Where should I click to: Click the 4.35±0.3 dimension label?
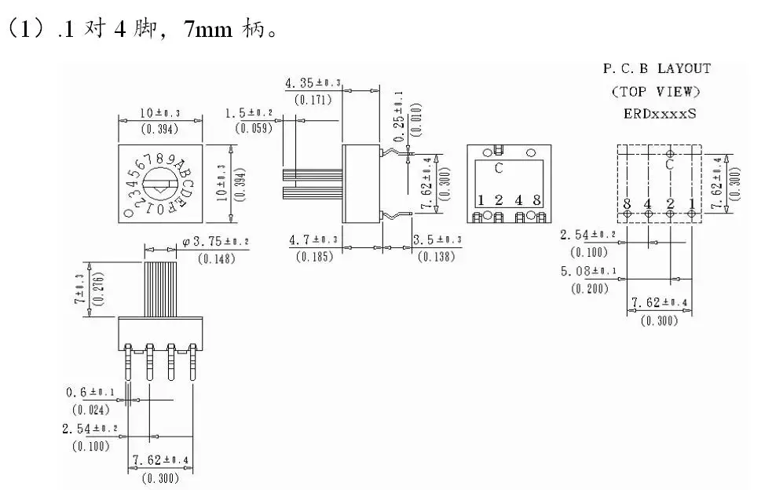313,82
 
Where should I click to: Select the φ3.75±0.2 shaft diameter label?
215,242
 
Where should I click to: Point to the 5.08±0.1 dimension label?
587,272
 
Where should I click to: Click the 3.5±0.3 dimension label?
437,239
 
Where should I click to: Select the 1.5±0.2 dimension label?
251,114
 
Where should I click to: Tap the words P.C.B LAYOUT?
657,69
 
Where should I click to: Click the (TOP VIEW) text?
657,91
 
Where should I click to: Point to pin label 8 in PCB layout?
627,205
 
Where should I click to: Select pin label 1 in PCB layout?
691,205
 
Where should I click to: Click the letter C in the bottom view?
499,167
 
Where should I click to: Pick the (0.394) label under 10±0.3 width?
159,130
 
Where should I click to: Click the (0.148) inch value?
215,259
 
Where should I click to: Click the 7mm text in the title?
207,32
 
